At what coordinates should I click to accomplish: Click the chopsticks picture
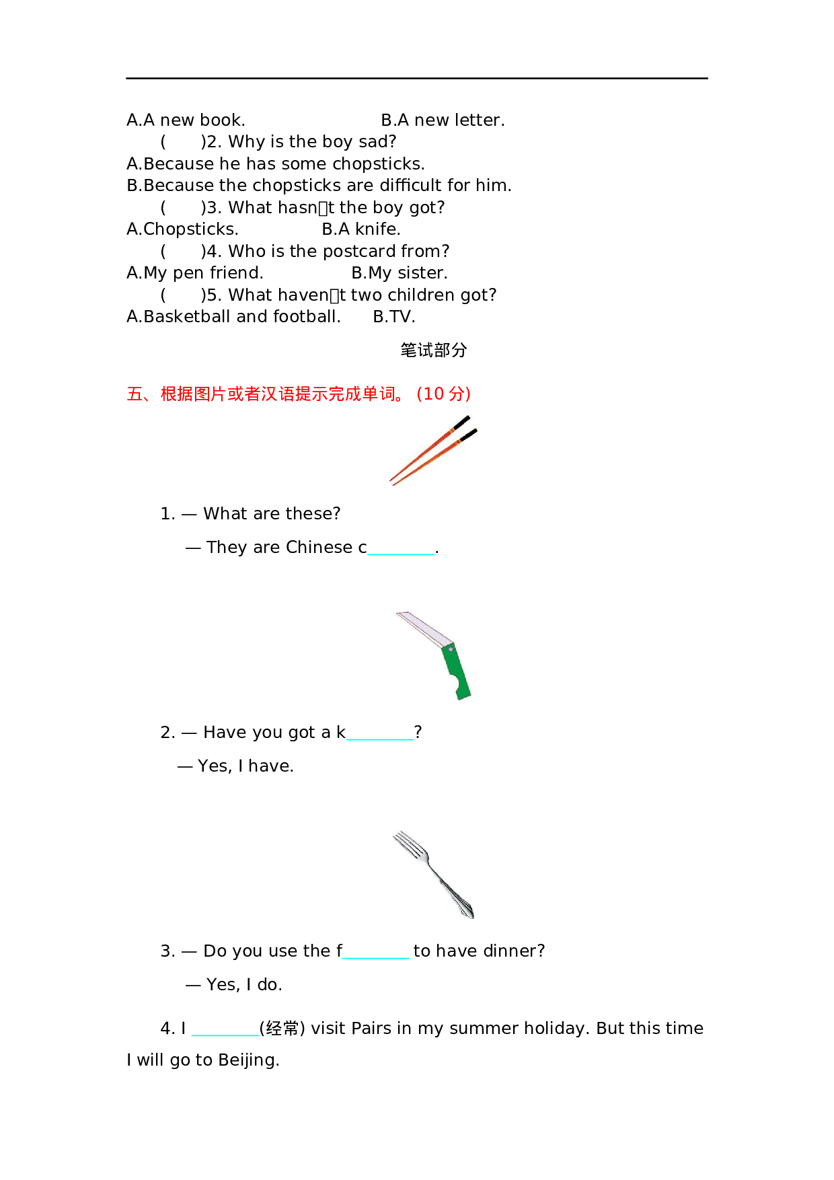click(432, 450)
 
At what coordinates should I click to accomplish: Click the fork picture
click(432, 874)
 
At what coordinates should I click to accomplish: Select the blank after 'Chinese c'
click(402, 548)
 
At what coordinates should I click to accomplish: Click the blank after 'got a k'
click(380, 733)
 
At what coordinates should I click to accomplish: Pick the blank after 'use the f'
click(375, 952)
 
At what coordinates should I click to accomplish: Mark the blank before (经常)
click(225, 1029)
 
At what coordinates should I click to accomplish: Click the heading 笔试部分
click(433, 350)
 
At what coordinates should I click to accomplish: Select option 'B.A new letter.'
click(442, 120)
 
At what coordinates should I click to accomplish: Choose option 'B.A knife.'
click(361, 229)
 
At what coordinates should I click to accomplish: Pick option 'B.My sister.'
click(399, 273)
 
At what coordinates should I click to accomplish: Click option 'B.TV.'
click(394, 317)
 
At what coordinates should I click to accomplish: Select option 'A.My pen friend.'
click(194, 273)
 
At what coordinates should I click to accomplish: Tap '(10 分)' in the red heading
click(444, 394)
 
